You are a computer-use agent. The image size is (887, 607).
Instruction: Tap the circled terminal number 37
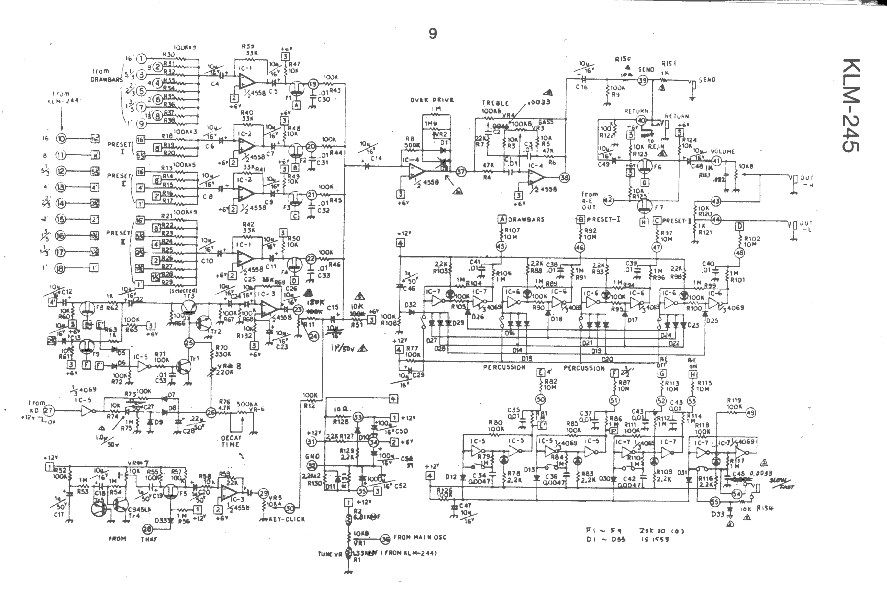[461, 172]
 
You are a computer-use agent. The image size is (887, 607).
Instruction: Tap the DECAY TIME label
[231, 441]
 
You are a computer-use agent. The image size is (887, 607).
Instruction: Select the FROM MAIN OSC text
[420, 537]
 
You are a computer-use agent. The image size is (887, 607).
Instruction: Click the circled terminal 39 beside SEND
[643, 80]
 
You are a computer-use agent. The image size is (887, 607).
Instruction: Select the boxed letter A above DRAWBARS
[502, 219]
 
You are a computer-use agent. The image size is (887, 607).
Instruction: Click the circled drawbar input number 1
[142, 59]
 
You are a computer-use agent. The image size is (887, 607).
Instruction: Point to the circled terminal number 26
[210, 412]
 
